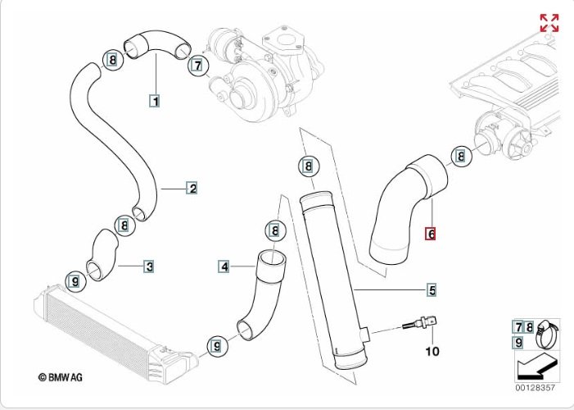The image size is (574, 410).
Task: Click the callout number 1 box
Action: (153, 102)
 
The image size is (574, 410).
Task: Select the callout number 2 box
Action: (192, 189)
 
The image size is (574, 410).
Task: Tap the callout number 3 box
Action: (148, 266)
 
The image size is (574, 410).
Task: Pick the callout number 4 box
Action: (224, 266)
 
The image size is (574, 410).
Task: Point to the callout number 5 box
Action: (431, 289)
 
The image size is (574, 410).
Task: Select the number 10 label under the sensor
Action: (432, 352)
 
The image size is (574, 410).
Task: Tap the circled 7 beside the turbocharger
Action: (197, 65)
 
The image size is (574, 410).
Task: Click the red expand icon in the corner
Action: (549, 23)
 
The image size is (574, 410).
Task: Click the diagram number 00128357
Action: (537, 386)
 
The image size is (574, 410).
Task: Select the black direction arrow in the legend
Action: (536, 362)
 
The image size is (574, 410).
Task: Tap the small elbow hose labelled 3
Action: (102, 254)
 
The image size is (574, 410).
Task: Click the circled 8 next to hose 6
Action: (461, 156)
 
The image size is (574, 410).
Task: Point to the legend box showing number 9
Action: (518, 342)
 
